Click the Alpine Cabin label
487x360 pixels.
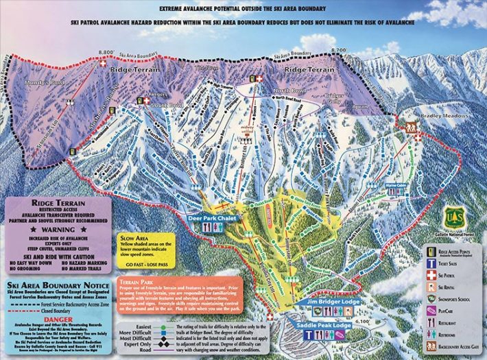[x=396, y=184]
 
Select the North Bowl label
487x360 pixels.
[x=281, y=91]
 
